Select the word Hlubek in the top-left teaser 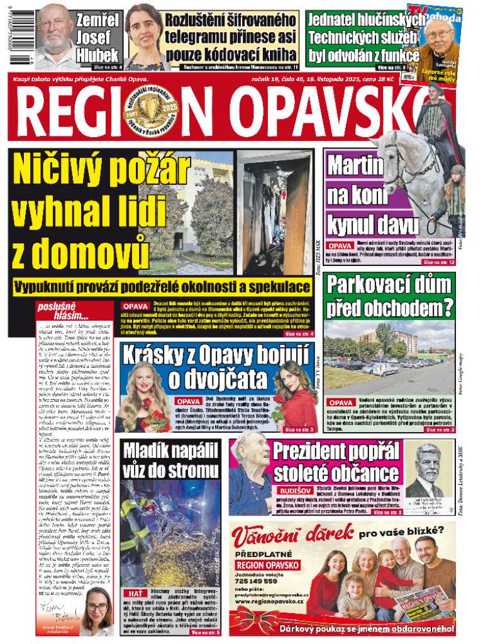pyautogui.click(x=96, y=55)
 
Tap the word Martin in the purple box pyautogui.click(x=355, y=166)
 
